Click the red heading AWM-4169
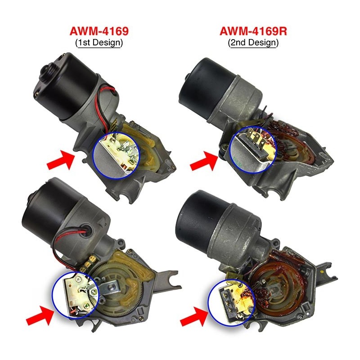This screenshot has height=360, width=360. tap(99, 31)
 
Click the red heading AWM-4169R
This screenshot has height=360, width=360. tap(253, 31)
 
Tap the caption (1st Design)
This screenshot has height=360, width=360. tap(99, 43)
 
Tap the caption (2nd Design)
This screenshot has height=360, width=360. tap(253, 43)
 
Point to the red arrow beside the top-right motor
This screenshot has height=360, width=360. tap(204, 161)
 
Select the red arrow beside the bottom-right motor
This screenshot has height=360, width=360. tap(194, 317)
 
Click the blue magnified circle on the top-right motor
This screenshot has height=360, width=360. tap(252, 149)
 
